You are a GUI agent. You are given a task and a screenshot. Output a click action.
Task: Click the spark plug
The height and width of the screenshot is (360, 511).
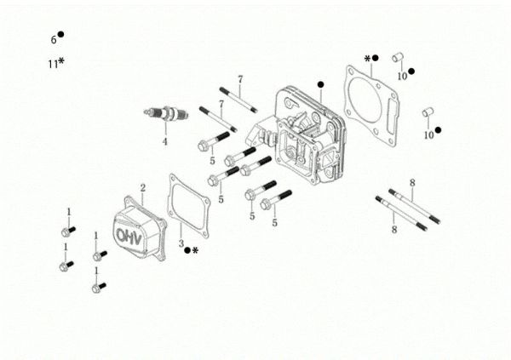coord(164,114)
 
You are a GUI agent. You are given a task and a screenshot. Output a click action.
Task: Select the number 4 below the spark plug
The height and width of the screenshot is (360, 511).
coord(165,140)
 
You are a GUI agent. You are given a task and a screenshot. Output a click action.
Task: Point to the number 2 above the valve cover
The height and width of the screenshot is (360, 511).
coord(143,187)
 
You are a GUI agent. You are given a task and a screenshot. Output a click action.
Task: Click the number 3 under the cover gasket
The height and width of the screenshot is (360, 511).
coord(181,244)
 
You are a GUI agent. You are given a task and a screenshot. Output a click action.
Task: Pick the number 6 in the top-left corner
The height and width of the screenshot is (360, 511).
coord(53,40)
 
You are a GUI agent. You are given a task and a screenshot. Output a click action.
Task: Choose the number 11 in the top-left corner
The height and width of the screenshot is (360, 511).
coord(52,64)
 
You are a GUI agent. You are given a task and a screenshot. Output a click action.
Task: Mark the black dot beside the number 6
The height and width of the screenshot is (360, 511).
coord(60,35)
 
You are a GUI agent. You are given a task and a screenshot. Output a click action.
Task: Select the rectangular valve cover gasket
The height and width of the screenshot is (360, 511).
coord(189,203)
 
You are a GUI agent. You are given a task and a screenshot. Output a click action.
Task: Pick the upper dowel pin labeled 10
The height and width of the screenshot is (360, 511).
coord(396,57)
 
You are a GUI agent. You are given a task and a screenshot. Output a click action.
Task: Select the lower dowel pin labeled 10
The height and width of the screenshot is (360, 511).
coord(428,112)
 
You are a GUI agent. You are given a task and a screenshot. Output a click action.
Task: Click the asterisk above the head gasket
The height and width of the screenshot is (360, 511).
coord(367,59)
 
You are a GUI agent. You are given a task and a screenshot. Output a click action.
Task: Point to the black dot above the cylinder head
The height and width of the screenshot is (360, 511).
coord(320,84)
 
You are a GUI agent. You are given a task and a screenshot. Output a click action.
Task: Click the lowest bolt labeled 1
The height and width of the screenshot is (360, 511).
coord(96,288)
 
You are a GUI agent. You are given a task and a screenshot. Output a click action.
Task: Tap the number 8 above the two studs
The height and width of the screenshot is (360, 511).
coord(411,183)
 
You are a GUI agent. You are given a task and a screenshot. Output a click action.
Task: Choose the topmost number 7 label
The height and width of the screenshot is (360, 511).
coord(240,79)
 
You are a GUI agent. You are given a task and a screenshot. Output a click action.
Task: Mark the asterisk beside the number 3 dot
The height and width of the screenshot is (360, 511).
coord(195,251)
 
